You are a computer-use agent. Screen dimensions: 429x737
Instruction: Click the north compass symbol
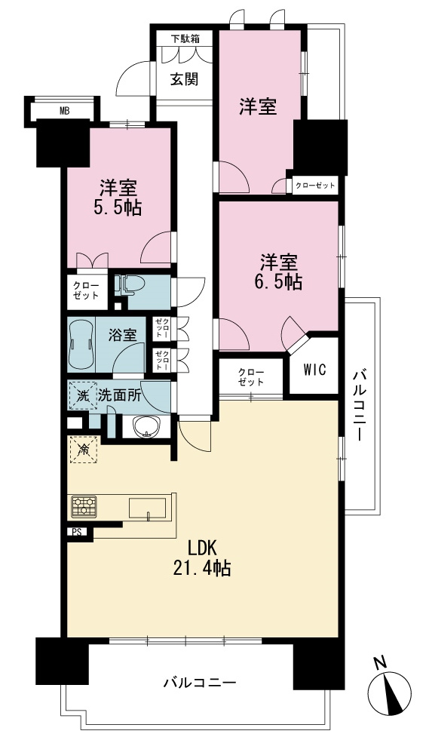(390, 688)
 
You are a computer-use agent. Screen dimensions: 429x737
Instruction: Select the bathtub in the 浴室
(81, 345)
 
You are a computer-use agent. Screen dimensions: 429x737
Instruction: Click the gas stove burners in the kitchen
(84, 507)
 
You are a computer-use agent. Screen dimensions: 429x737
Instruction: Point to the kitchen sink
(147, 509)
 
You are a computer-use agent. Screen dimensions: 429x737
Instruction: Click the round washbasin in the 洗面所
(146, 426)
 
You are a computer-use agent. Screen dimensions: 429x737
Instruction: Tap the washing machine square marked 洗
(83, 395)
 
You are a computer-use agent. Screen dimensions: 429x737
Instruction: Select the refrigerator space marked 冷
(84, 450)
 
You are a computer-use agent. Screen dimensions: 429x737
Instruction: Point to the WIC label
(314, 370)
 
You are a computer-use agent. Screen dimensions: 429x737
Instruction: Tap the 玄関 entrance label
(184, 79)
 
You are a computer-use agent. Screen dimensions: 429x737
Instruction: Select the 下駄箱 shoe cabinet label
(185, 39)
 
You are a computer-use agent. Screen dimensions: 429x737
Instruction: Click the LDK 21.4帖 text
(202, 558)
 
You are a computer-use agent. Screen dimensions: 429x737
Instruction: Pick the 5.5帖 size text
(118, 207)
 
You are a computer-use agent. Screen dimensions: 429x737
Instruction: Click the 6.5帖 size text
(279, 281)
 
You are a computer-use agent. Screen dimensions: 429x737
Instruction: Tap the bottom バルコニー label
(200, 683)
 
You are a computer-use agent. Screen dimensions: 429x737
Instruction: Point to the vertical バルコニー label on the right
(360, 406)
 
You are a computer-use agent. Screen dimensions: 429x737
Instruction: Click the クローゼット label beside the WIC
(251, 376)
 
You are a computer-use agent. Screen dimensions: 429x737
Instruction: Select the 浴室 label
(123, 335)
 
